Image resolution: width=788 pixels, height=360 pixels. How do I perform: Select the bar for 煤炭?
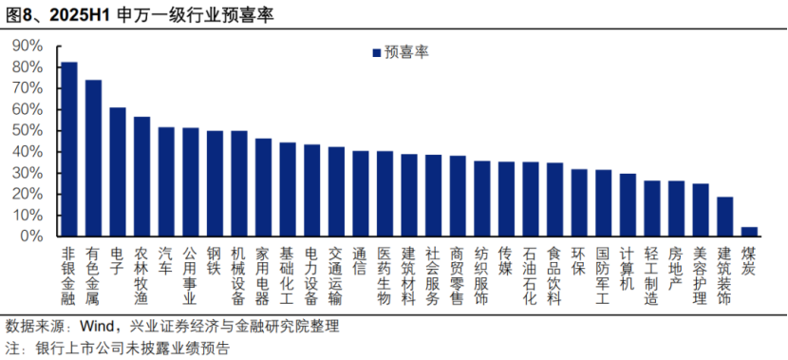tap(750, 231)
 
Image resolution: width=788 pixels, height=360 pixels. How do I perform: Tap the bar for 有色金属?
tap(93, 158)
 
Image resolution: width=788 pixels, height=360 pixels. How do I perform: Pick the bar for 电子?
tap(118, 172)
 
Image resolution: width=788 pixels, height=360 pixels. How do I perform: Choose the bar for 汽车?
tap(166, 181)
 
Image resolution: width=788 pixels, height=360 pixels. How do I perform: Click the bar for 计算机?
tap(629, 204)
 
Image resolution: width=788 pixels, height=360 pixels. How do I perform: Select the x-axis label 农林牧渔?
tap(142, 276)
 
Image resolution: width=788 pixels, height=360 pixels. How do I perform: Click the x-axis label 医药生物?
tap(385, 276)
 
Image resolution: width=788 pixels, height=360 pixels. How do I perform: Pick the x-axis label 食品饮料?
tap(555, 276)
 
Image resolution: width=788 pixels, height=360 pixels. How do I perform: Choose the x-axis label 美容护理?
tap(701, 276)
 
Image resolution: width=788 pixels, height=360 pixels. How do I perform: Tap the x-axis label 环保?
tap(579, 261)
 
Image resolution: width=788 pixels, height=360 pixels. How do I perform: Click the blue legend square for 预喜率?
tap(376, 53)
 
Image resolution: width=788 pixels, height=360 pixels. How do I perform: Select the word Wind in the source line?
tap(98, 326)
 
